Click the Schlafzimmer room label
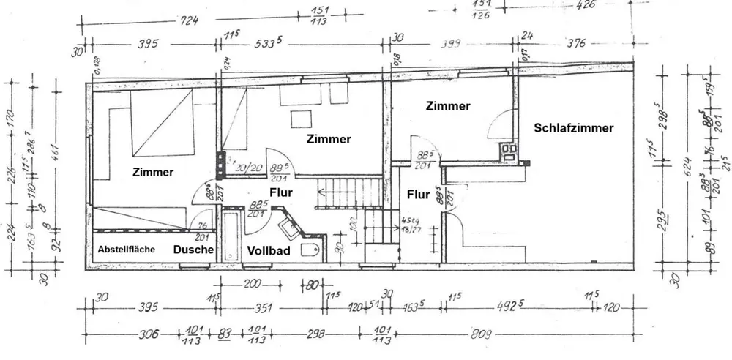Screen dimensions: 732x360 point(573,127)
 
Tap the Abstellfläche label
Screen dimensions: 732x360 point(126,250)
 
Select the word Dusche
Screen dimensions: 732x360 point(193,250)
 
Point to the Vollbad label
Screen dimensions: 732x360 point(269,250)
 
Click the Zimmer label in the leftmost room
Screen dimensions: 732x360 point(153,173)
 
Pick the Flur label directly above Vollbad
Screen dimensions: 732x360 point(281,193)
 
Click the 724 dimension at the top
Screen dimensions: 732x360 point(189,22)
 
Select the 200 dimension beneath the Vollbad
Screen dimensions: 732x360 point(253,283)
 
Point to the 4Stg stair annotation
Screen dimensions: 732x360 point(411,220)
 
